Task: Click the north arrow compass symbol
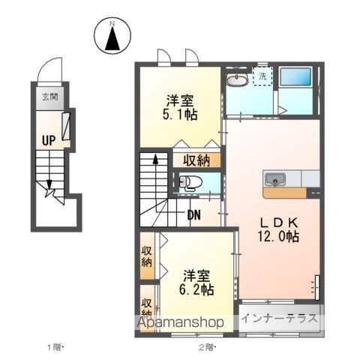click(112, 35)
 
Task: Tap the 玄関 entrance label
click(49, 97)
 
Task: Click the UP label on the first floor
click(49, 140)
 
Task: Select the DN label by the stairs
click(194, 214)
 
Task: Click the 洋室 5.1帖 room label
click(180, 108)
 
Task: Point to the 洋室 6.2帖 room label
click(196, 283)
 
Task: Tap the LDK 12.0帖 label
click(278, 229)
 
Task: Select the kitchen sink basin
click(275, 180)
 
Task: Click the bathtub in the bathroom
click(295, 76)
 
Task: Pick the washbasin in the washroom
click(237, 79)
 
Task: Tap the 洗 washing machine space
click(262, 76)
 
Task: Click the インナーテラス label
click(280, 319)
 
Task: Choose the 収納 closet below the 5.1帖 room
click(196, 160)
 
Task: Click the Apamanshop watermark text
click(180, 322)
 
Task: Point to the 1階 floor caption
click(55, 347)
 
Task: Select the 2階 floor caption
click(207, 347)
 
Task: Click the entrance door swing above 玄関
click(49, 69)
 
